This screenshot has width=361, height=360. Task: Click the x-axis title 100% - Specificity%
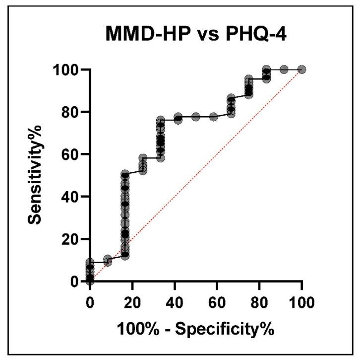[x=195, y=328]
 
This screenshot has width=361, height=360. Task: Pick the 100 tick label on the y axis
[x=65, y=70]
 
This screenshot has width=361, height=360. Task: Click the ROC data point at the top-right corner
[x=301, y=70]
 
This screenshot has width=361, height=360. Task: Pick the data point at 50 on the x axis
[x=196, y=117]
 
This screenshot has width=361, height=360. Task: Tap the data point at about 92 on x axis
[x=284, y=70]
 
